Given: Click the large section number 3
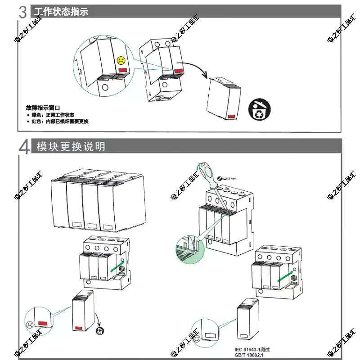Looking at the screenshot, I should (24, 12).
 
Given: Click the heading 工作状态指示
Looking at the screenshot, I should (60, 11).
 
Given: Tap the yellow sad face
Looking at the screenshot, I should (121, 60).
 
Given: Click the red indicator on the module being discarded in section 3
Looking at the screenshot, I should (232, 116).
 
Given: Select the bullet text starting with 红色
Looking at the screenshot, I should (60, 122).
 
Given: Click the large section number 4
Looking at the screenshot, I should (25, 147).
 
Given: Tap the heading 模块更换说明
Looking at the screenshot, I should (71, 146).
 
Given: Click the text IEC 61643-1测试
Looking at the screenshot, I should (252, 349).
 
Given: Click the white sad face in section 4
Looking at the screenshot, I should (29, 324).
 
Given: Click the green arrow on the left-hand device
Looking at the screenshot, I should (118, 268).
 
